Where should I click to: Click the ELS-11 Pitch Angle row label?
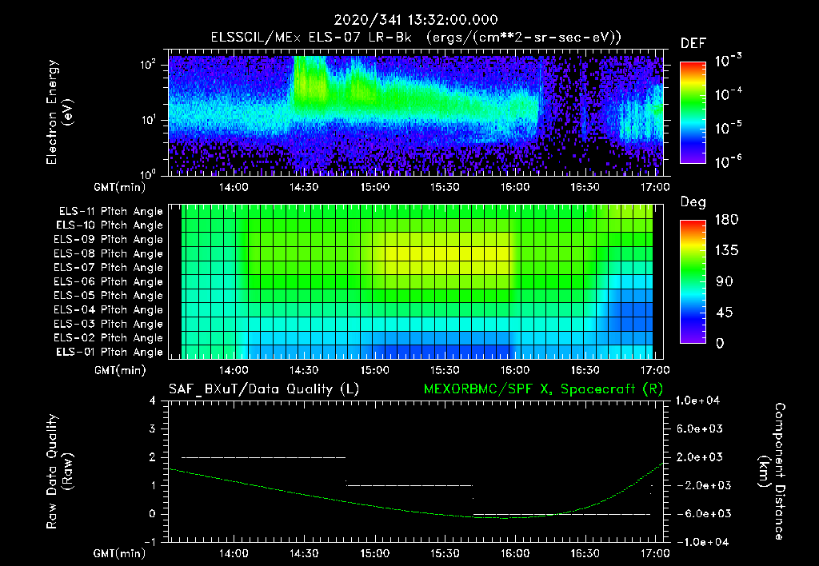[x=110, y=212]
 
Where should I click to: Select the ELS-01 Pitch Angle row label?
[x=110, y=353]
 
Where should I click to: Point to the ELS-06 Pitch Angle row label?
[x=110, y=282]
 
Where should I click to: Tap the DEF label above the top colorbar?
[x=693, y=43]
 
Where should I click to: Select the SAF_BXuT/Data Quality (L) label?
[x=263, y=389]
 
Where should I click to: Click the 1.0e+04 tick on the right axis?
[x=701, y=401]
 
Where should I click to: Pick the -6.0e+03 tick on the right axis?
[x=701, y=513]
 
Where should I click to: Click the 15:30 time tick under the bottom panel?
[x=444, y=553]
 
